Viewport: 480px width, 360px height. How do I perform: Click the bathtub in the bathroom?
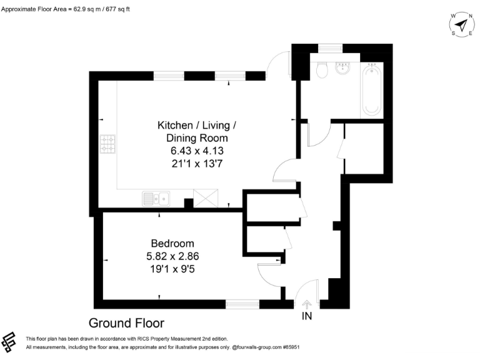(x=371, y=89)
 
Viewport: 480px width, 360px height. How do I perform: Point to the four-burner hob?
(x=108, y=145)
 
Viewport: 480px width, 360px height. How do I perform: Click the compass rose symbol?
(x=461, y=25)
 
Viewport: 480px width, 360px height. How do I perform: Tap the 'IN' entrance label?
(x=307, y=317)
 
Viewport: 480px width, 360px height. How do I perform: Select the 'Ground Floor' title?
(x=126, y=323)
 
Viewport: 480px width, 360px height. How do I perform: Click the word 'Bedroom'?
(x=172, y=243)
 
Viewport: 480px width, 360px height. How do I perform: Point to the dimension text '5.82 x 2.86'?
(x=172, y=256)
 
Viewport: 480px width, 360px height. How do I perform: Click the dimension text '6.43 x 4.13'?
(x=197, y=151)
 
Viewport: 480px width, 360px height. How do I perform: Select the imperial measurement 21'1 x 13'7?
(x=197, y=164)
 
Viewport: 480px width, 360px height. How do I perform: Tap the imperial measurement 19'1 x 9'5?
(x=172, y=269)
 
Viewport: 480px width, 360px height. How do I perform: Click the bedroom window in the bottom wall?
(x=242, y=304)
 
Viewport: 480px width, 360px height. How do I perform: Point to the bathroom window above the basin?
(x=329, y=47)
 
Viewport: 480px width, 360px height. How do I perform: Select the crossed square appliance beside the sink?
(x=204, y=199)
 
